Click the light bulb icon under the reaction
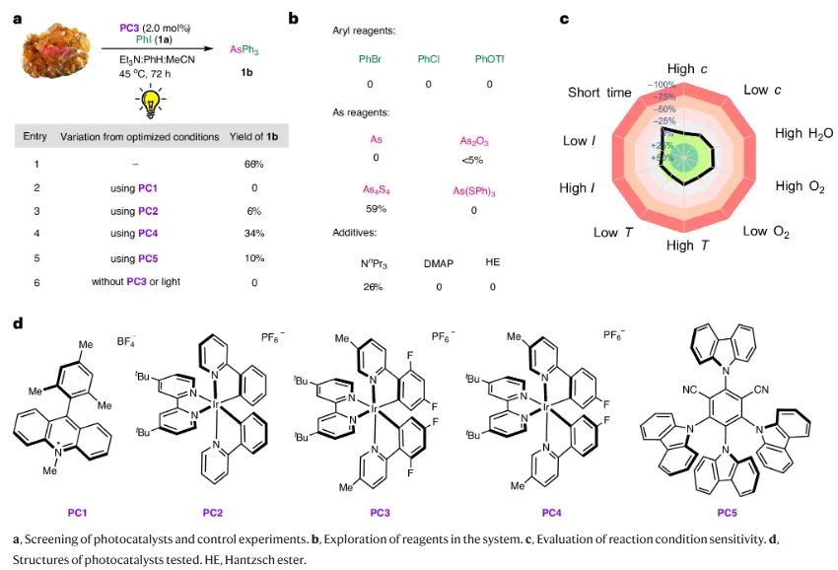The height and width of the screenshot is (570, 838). pyautogui.click(x=152, y=100)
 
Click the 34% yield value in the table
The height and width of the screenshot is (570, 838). pyautogui.click(x=254, y=234)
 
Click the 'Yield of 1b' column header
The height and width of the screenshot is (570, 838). pyautogui.click(x=254, y=136)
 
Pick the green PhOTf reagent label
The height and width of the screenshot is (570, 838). pyautogui.click(x=490, y=60)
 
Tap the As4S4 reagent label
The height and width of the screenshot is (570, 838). pyautogui.click(x=376, y=187)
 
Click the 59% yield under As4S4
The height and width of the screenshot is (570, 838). pyautogui.click(x=376, y=209)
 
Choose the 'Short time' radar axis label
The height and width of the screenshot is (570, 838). pyautogui.click(x=599, y=93)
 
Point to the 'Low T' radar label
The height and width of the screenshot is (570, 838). pyautogui.click(x=606, y=233)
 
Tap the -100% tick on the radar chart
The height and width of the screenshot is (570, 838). pyautogui.click(x=662, y=85)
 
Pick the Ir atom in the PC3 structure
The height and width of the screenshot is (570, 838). pyautogui.click(x=372, y=405)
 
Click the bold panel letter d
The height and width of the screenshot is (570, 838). pyautogui.click(x=18, y=322)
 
